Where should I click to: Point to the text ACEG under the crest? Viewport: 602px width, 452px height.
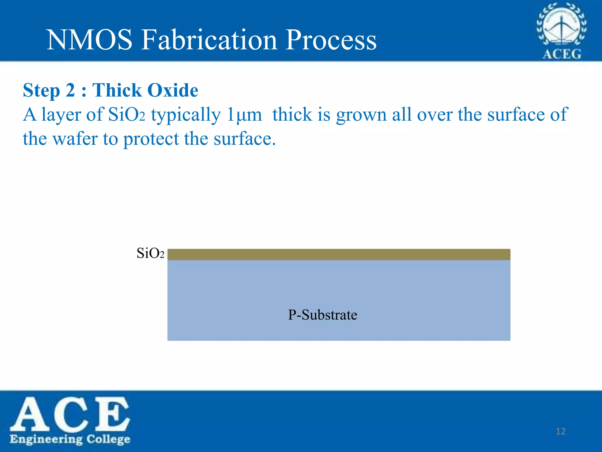pyautogui.click(x=562, y=54)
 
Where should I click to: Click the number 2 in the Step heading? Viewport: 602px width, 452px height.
pyautogui.click(x=70, y=90)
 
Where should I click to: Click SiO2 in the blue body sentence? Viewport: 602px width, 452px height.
pyautogui.click(x=127, y=114)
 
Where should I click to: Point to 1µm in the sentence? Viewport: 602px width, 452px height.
pyautogui.click(x=244, y=114)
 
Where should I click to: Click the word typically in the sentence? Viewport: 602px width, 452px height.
pyautogui.click(x=186, y=115)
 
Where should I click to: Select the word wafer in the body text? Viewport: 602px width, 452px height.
pyautogui.click(x=75, y=139)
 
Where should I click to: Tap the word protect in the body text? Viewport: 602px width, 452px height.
pyautogui.click(x=151, y=139)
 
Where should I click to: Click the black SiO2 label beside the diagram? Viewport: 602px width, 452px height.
pyautogui.click(x=150, y=253)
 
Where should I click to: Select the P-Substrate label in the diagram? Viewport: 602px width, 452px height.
pyautogui.click(x=322, y=315)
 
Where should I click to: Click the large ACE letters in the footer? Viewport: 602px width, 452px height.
pyautogui.click(x=70, y=413)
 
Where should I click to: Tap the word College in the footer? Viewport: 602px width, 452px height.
pyautogui.click(x=108, y=439)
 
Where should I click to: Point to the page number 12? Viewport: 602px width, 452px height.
pyautogui.click(x=561, y=431)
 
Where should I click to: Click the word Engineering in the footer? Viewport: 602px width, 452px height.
pyautogui.click(x=46, y=439)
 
